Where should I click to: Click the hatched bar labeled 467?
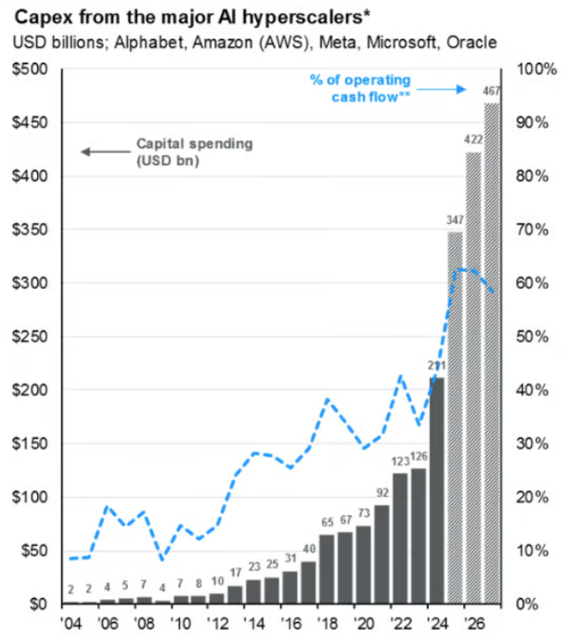click(491, 353)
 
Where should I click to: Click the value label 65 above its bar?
click(327, 523)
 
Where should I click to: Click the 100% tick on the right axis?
click(536, 70)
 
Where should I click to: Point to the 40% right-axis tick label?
click(533, 390)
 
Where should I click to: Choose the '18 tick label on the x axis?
click(327, 621)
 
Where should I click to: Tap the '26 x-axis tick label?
click(472, 621)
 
